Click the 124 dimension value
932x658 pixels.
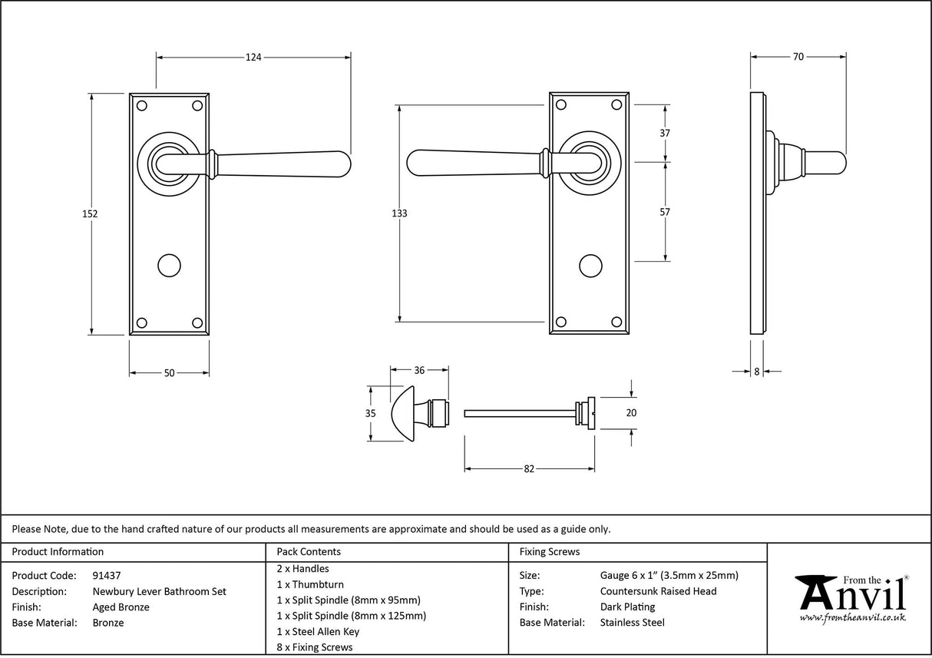click(x=253, y=57)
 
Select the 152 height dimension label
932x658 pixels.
click(x=90, y=214)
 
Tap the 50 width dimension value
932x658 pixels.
click(x=169, y=373)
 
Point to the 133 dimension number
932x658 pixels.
click(x=399, y=213)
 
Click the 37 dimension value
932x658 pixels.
click(x=665, y=133)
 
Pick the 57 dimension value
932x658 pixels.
click(x=665, y=212)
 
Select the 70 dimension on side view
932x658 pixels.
click(x=798, y=57)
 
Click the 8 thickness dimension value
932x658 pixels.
click(x=756, y=372)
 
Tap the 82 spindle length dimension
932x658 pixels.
click(x=528, y=469)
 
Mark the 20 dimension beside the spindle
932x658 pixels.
click(x=631, y=412)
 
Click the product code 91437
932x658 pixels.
click(x=106, y=575)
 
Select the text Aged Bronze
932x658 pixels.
click(x=121, y=607)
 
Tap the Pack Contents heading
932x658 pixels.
click(x=309, y=551)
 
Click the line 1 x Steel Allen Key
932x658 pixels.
click(x=318, y=631)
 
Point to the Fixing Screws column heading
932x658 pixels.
click(x=550, y=551)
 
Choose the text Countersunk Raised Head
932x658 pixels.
click(x=658, y=591)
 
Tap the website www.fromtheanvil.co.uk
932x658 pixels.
click(x=852, y=617)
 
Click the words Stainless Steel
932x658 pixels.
click(x=632, y=623)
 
